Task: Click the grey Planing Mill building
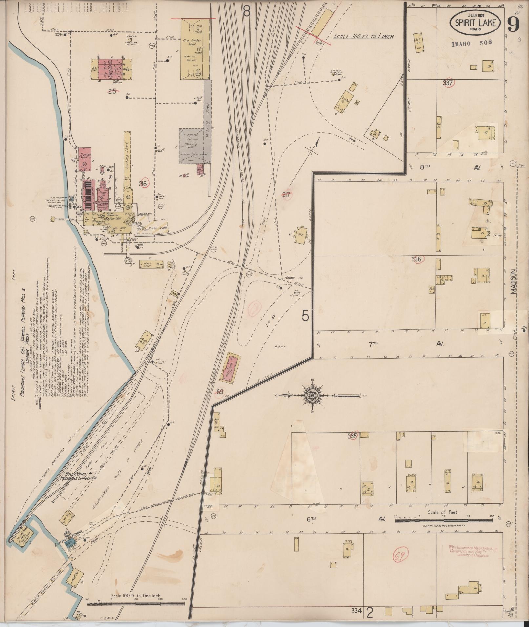(192, 146)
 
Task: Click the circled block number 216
(143, 184)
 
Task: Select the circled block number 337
(448, 83)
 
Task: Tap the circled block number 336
(417, 259)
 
